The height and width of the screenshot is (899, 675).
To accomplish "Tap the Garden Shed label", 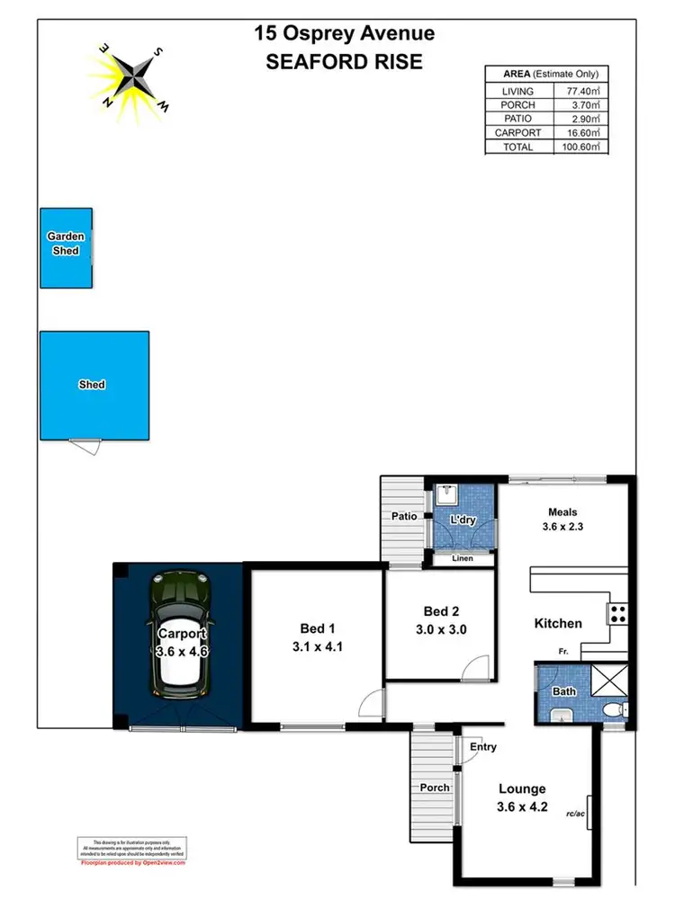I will click(x=66, y=244).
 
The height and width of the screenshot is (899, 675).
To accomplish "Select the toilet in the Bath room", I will click(x=612, y=711).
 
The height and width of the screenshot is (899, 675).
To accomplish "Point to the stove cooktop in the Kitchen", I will click(x=618, y=614).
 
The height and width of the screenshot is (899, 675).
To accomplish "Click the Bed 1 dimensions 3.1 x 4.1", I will click(x=318, y=645).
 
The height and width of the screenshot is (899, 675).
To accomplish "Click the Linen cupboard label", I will click(x=462, y=559).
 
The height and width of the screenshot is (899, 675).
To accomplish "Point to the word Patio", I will click(x=402, y=517).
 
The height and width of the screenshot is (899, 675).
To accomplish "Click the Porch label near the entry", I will click(x=435, y=788).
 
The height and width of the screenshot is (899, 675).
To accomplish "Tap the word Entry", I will click(x=482, y=747).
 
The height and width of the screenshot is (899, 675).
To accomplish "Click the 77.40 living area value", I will click(x=580, y=91).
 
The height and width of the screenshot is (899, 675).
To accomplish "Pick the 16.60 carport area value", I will click(x=580, y=133).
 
